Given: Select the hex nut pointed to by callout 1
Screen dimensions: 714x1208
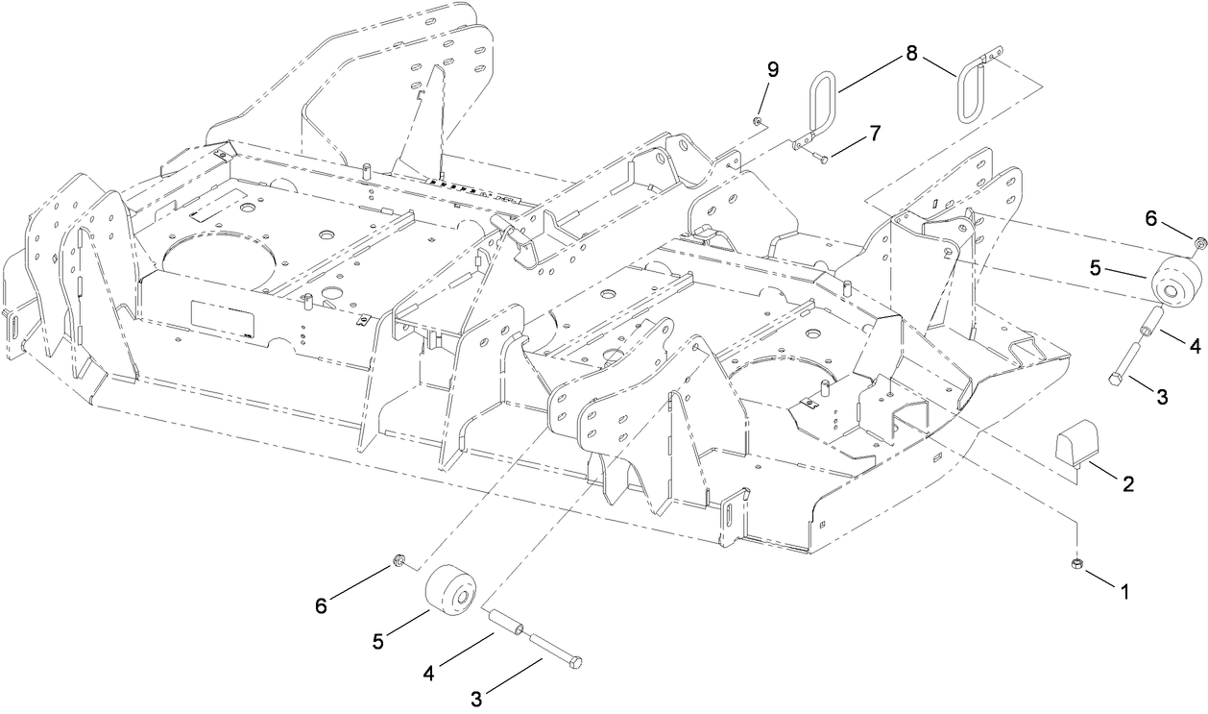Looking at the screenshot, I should (x=1076, y=564).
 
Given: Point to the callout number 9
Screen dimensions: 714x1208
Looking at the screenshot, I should (x=773, y=69).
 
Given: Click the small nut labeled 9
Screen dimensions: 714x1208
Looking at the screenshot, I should (x=758, y=121).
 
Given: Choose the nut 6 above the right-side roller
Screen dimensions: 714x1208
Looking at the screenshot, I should (x=1200, y=241).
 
